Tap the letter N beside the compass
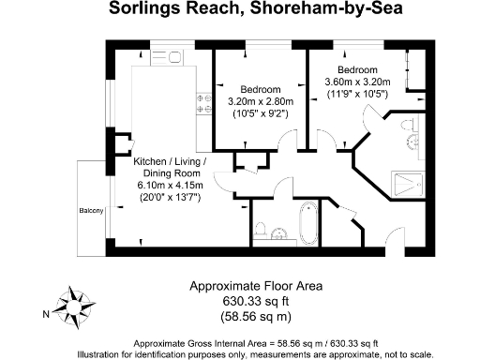(45, 314)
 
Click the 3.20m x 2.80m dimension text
(261, 101)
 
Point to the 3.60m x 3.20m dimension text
(357, 82)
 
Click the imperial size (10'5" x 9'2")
(261, 113)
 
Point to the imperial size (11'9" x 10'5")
(357, 94)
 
